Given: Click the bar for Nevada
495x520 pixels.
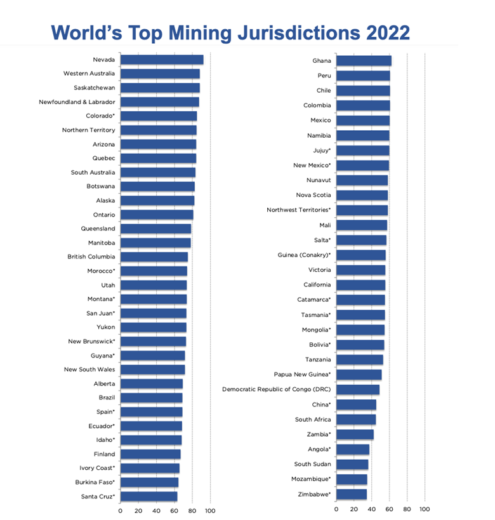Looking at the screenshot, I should (x=162, y=60).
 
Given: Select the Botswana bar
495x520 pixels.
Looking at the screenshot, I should (x=157, y=187).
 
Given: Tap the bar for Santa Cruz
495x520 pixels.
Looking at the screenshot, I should (x=148, y=497).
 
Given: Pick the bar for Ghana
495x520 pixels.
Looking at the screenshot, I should (x=364, y=61).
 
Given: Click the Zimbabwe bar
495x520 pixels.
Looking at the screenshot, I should (x=352, y=494).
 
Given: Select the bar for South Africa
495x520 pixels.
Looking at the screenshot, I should (x=356, y=420).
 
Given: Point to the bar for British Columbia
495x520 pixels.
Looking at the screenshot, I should (x=154, y=257).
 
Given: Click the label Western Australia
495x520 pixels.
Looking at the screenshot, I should (x=89, y=74).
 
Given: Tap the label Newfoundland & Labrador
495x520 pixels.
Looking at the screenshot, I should (x=77, y=102).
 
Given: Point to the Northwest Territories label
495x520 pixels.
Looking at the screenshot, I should (x=299, y=210).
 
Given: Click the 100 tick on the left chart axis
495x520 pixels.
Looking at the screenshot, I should (x=210, y=510).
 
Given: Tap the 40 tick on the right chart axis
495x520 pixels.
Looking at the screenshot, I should (x=372, y=510).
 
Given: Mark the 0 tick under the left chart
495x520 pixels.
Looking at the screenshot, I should (x=121, y=510).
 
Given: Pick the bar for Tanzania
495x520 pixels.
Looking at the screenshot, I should (x=360, y=360).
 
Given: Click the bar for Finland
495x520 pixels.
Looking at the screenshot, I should (x=150, y=455).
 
